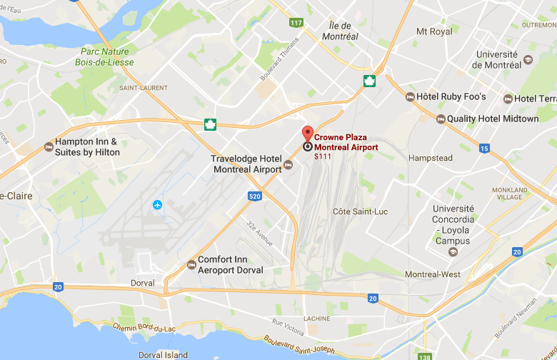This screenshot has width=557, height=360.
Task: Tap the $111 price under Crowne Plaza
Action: (323, 156)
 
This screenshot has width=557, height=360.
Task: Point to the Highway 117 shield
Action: (296, 23)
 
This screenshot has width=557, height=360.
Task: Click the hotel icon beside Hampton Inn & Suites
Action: (49, 146)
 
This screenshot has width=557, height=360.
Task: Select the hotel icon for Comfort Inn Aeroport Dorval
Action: (191, 265)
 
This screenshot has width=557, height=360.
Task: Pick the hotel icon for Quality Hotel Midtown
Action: (441, 119)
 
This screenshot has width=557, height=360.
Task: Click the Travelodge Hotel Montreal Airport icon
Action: (288, 166)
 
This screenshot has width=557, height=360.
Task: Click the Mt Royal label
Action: (434, 31)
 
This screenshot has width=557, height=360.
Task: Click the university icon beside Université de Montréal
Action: (528, 59)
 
